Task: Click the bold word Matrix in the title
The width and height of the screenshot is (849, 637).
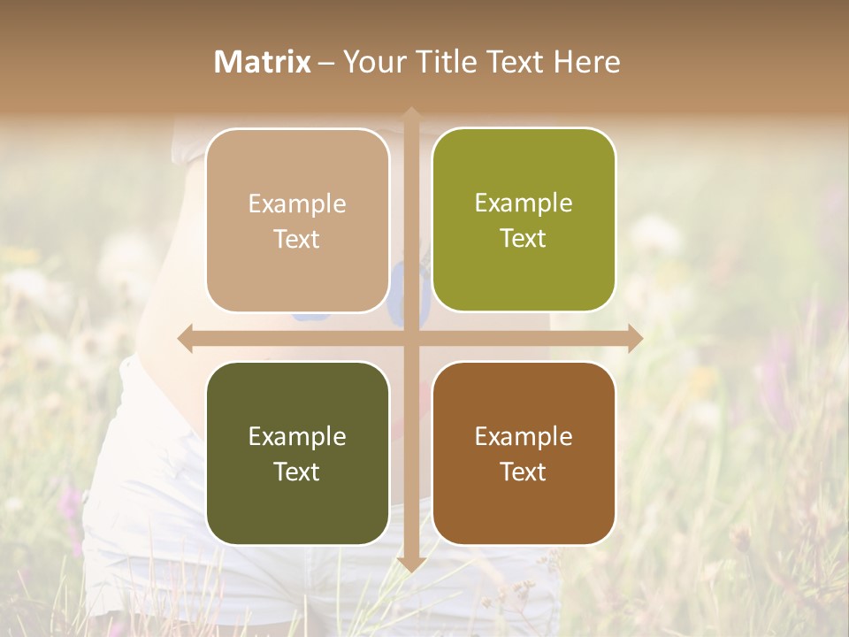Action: coord(263,62)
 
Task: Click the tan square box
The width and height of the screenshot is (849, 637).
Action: coord(297,220)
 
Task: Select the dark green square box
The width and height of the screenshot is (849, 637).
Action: coord(297,453)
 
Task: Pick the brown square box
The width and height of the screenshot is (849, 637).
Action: coord(524,453)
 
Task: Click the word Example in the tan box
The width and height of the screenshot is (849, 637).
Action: coord(297,203)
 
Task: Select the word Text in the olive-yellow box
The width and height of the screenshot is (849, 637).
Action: coord(524,238)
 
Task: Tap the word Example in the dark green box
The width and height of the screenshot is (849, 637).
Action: coord(297,436)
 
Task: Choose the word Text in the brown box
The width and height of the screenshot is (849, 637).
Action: coord(524,472)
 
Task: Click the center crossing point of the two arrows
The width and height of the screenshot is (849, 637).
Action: coord(411,338)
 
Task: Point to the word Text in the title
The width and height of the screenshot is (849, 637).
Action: coord(513,62)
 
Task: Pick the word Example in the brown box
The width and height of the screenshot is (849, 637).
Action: coord(524,436)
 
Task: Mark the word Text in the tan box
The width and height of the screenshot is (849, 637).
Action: coord(297,239)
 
